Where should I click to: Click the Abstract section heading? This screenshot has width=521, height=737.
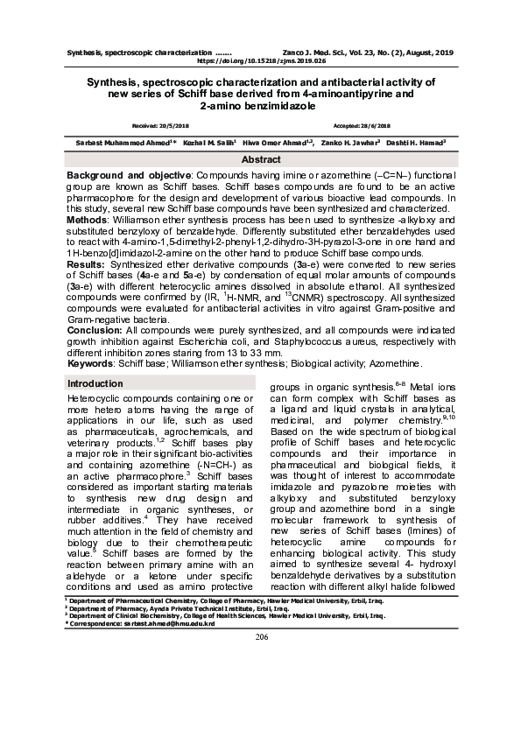click(261, 160)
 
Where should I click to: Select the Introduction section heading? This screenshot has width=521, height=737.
click(95, 384)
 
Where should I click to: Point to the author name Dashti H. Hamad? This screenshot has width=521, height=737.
click(419, 142)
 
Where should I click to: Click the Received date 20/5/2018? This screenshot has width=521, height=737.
click(154, 126)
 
